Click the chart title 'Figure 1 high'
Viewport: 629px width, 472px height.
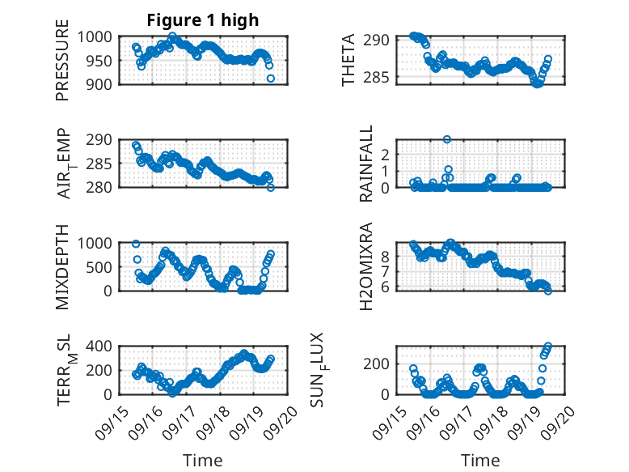[x=202, y=20]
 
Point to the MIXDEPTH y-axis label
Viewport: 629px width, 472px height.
[x=62, y=266]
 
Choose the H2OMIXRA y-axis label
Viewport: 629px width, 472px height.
[x=366, y=266]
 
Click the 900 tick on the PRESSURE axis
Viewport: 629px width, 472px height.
[x=102, y=83]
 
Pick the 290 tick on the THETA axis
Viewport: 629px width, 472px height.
[x=382, y=40]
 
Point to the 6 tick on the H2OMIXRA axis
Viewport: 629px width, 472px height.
[x=386, y=287]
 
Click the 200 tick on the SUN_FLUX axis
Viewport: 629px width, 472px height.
[x=382, y=364]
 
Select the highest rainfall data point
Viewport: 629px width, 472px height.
[x=447, y=139]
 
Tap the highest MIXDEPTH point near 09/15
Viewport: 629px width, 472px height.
[x=136, y=244]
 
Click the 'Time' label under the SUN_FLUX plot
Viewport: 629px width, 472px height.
[x=480, y=461]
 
